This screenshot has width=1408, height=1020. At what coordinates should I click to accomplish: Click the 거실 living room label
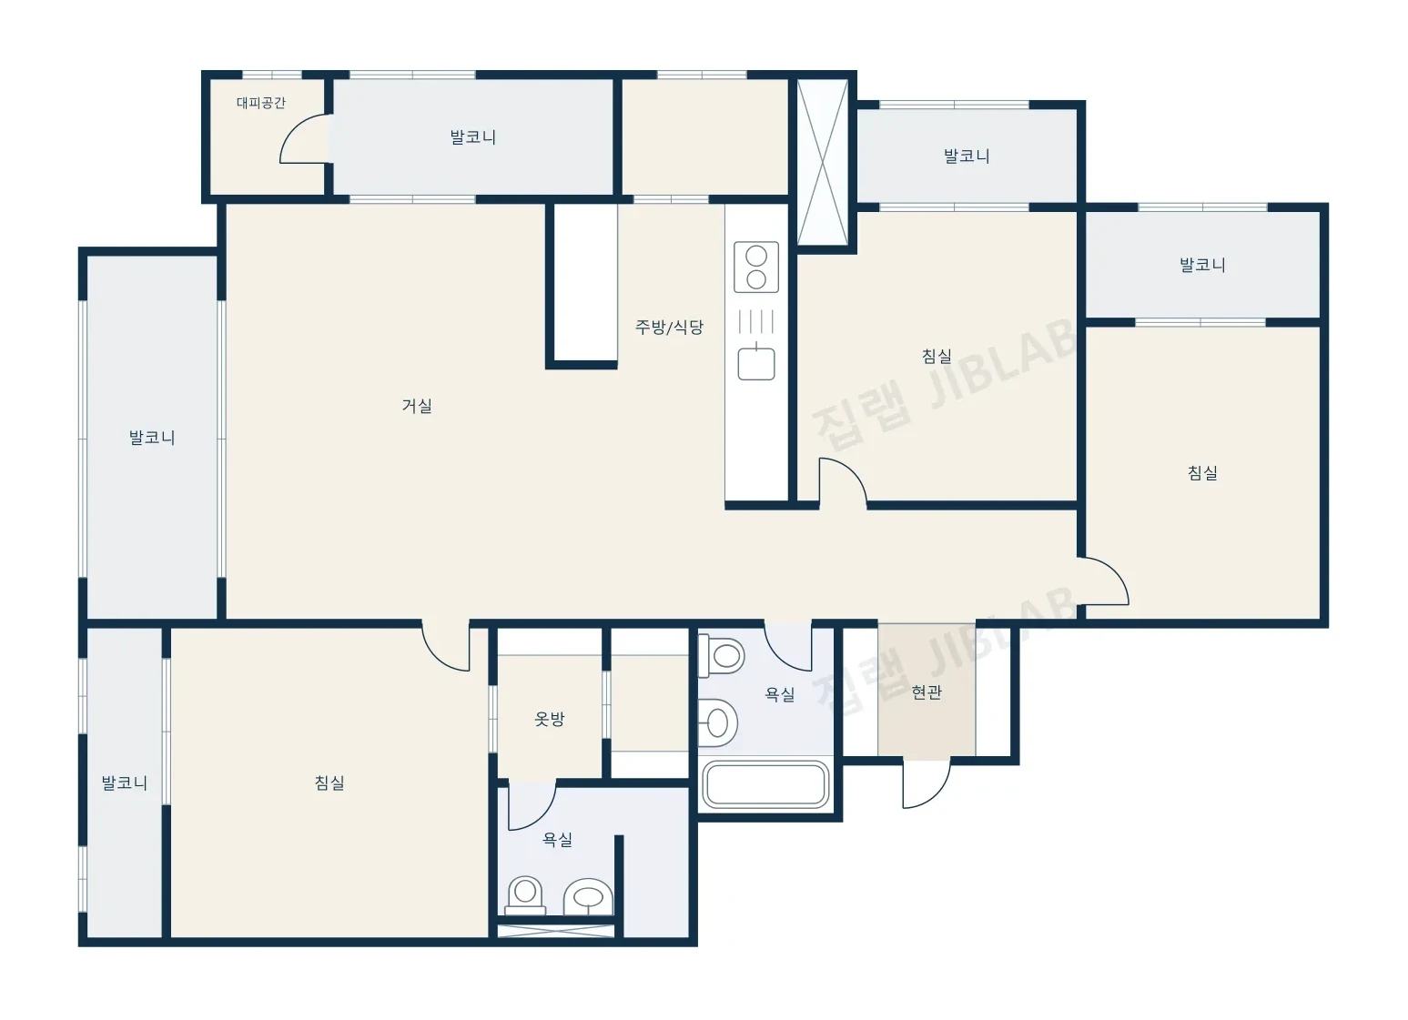[417, 406]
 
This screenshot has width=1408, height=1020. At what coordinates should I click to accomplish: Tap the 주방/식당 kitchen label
[669, 327]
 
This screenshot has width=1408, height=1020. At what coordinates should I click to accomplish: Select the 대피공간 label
[261, 103]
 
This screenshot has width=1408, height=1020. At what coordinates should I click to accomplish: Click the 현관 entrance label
[927, 692]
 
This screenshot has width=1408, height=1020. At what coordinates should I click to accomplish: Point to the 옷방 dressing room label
[550, 719]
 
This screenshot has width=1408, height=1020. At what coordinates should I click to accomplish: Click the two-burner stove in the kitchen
[756, 268]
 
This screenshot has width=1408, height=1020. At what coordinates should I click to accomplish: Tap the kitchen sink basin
[756, 363]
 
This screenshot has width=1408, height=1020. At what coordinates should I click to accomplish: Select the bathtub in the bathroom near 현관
[765, 784]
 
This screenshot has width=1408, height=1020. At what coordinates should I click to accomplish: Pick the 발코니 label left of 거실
[151, 438]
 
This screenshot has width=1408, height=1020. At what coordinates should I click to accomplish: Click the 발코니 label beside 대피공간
[472, 137]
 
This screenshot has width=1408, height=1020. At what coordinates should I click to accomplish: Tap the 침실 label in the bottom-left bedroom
[329, 783]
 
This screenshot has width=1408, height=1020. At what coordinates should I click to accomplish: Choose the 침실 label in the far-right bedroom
[1202, 473]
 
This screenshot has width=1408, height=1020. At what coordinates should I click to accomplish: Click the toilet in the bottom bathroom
[525, 896]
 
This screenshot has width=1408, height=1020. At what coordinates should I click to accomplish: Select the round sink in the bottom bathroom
[588, 897]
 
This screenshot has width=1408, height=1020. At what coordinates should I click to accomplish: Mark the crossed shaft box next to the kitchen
[822, 162]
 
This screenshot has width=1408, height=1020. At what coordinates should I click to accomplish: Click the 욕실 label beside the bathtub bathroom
[780, 694]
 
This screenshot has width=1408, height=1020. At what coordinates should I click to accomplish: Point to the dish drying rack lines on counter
[756, 322]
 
